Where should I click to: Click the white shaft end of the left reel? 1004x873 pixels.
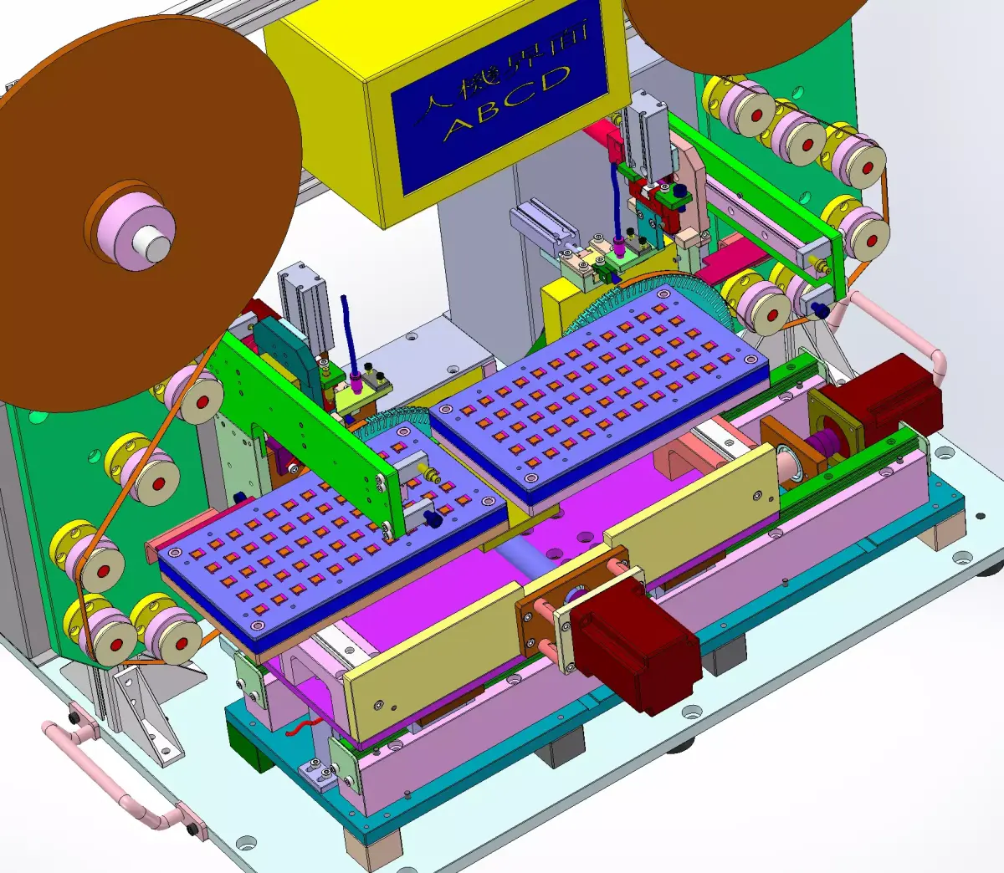[153, 243]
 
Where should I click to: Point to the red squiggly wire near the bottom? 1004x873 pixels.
[305, 726]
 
